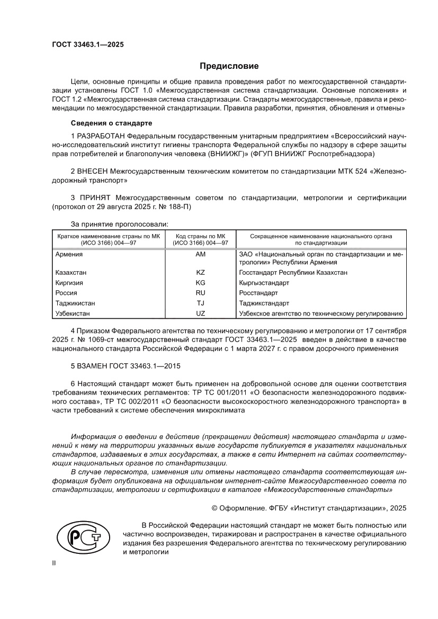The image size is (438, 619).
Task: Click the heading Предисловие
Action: coord(229,66)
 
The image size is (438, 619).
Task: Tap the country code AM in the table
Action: coord(200,254)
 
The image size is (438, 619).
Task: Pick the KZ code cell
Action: coord(200,273)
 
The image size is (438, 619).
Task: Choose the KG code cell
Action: coord(200,283)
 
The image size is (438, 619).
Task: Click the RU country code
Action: coord(200,293)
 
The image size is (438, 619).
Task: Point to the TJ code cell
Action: coord(200,303)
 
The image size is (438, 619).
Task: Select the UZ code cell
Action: coord(200,313)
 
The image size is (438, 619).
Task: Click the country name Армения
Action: coord(69,254)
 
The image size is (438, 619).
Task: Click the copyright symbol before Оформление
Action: coord(215,508)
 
